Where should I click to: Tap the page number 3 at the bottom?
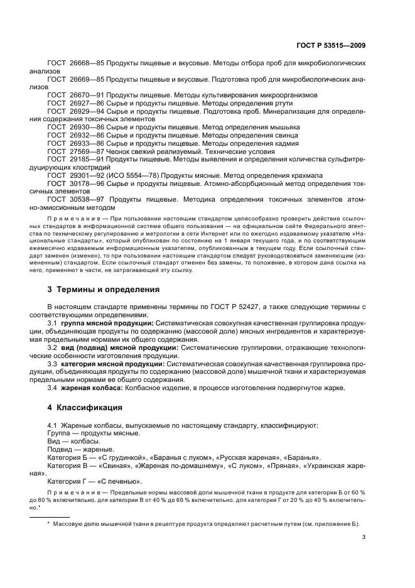(364, 537)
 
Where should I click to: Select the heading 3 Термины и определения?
(95, 290)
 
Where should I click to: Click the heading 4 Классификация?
(82, 408)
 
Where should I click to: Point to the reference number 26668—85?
(86, 63)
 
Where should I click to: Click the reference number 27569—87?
(86, 151)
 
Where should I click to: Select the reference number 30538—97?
(86, 199)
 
